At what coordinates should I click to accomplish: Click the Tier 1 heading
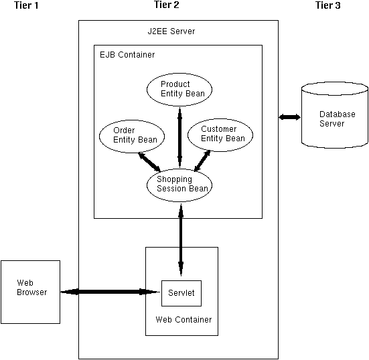pos(26,5)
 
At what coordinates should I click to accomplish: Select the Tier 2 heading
pos(167,5)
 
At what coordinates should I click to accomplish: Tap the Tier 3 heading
pos(328,5)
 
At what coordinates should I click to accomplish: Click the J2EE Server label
pos(171,31)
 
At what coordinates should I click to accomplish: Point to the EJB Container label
pos(127,55)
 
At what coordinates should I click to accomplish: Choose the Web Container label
pos(183,320)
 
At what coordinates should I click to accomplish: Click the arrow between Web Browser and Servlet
pos(110,292)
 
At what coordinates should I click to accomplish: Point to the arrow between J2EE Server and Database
pos(290,117)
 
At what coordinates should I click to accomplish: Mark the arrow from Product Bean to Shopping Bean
pos(179,137)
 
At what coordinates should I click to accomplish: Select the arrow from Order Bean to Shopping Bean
pos(149,162)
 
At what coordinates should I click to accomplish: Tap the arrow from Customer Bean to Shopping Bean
pos(202,161)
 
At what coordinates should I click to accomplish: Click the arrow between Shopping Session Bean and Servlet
pos(181,240)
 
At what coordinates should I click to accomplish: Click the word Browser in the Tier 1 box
pos(32,292)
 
